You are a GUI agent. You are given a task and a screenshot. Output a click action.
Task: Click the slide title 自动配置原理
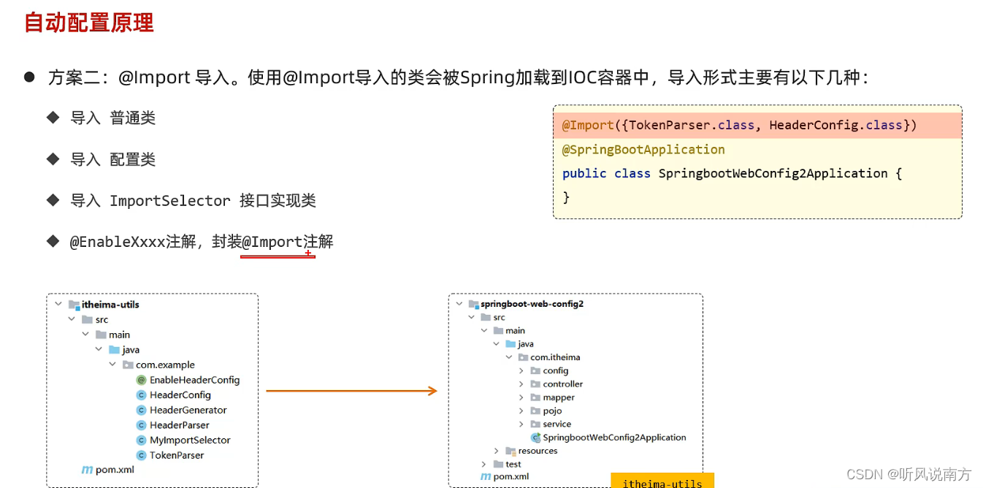point(89,23)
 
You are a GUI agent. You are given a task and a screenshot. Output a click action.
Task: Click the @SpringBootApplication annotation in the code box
point(643,150)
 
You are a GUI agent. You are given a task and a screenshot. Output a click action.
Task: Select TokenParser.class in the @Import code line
point(692,126)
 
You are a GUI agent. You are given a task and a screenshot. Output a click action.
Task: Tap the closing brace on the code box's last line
point(566,197)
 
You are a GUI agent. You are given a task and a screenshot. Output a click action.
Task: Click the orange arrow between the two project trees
point(351,392)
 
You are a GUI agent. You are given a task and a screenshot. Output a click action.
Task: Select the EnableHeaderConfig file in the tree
point(194,380)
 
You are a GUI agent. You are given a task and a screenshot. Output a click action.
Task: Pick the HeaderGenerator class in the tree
point(188,410)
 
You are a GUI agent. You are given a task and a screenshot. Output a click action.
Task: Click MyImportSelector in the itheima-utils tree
point(190,440)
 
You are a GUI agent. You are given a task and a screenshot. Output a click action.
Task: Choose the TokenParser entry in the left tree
point(177,455)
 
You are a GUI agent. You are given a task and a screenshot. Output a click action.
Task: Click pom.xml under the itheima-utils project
point(115,470)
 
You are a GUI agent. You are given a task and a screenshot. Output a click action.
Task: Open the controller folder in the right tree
point(562,384)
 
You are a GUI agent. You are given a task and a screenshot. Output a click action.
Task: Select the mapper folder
point(559,397)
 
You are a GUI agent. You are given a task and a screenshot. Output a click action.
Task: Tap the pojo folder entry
point(552,411)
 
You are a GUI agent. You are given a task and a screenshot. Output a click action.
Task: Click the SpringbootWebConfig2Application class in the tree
point(614,438)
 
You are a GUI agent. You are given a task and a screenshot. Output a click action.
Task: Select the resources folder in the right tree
point(538,451)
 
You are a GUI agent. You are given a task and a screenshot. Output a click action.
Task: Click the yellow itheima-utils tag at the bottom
point(662,482)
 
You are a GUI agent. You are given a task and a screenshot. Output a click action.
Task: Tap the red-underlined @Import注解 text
point(287,242)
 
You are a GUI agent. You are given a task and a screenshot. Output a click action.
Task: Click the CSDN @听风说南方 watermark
point(909,474)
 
